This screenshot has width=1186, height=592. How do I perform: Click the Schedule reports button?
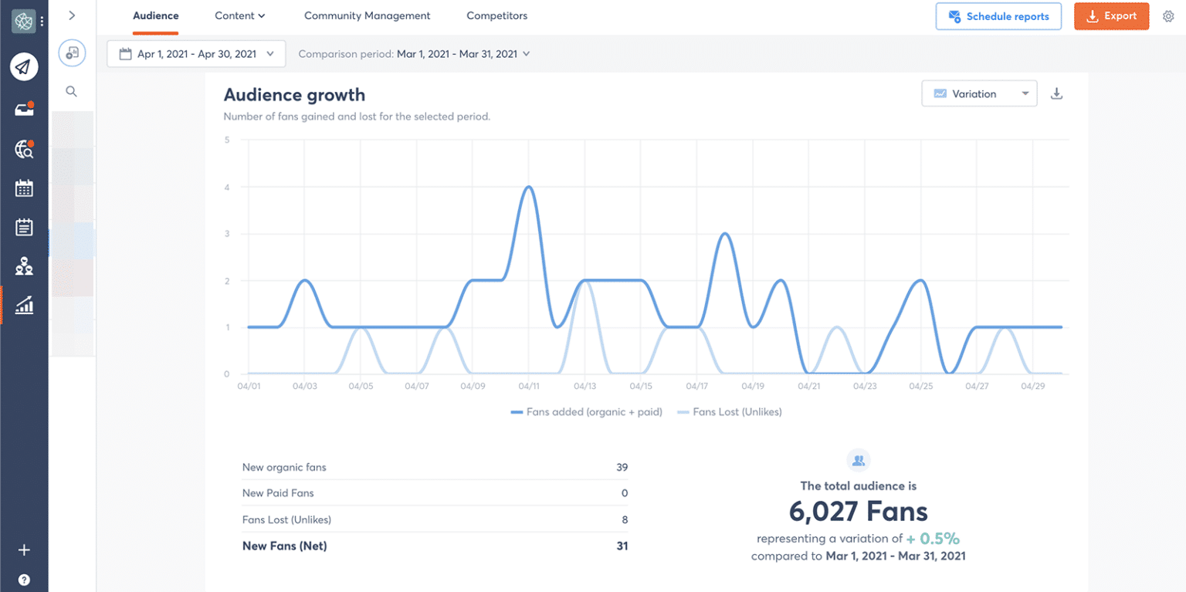pos(998,16)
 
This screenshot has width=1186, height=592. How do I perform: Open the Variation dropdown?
pos(979,94)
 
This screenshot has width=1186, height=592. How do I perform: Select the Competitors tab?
pos(497,15)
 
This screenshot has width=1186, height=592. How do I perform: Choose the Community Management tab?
pos(368,15)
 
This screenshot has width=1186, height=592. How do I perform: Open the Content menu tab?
pos(239,15)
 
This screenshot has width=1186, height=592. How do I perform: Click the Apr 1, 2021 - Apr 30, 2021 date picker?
pos(197,54)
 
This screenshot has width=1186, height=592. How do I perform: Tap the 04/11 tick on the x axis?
pos(529,385)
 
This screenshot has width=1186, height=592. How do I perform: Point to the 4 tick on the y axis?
pos(227,187)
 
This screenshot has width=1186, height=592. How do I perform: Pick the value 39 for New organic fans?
pos(622,467)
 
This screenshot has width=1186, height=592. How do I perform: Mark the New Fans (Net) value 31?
pos(622,546)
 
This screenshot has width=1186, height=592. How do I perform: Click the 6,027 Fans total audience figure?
pos(858,511)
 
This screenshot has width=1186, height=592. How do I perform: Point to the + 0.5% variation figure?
pos(933,538)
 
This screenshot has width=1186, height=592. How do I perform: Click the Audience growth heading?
pos(294,95)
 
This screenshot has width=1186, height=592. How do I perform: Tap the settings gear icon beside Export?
pos(1168,16)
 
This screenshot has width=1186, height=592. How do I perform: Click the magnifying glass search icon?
pos(72,91)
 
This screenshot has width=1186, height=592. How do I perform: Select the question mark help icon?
pos(24,580)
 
